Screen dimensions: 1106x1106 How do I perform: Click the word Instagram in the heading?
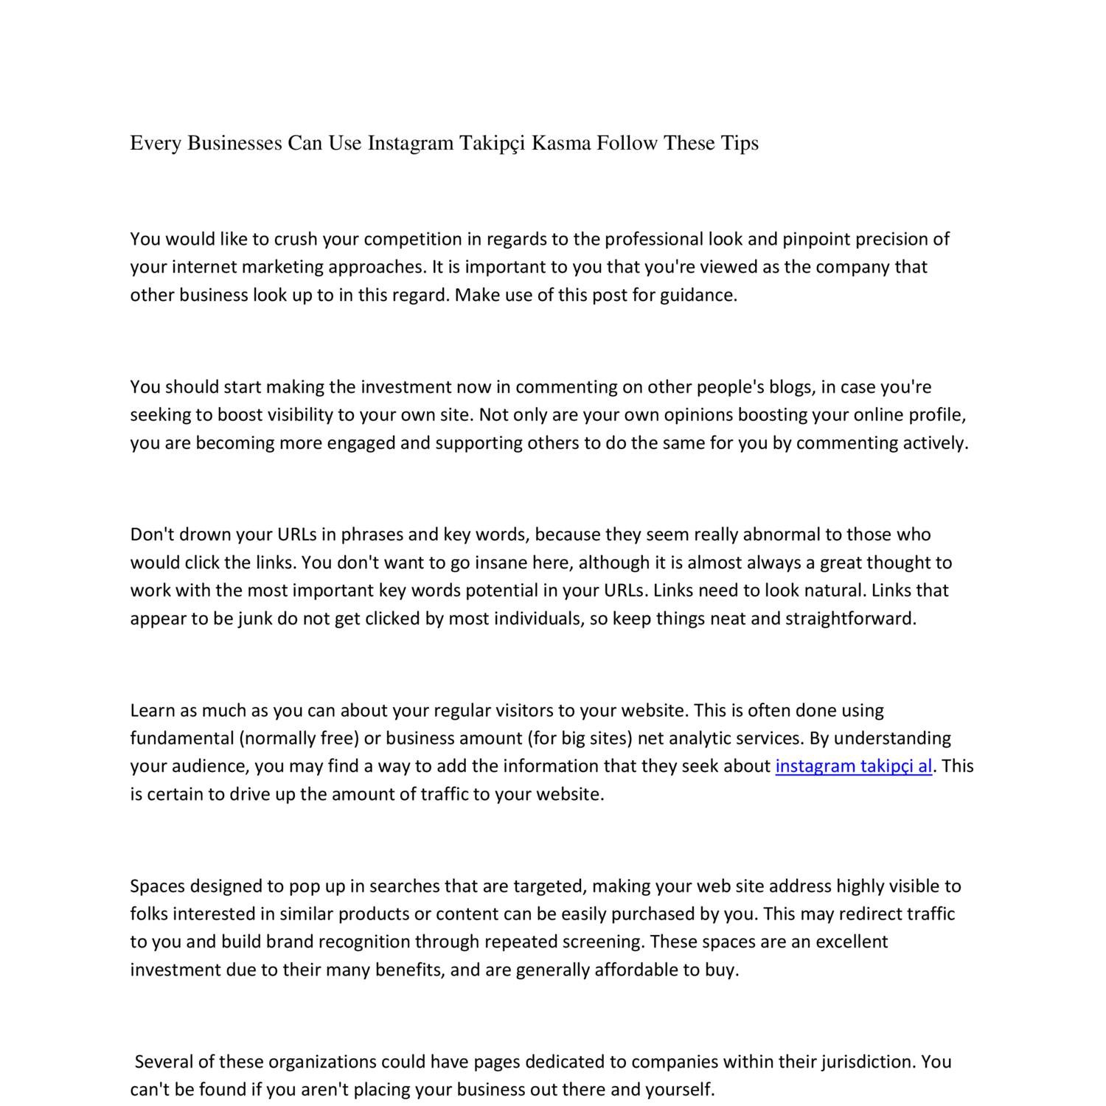(410, 143)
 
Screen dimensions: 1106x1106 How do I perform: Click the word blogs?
(790, 387)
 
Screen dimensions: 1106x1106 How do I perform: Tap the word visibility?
(295, 415)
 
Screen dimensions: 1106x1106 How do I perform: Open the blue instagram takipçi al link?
(854, 766)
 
